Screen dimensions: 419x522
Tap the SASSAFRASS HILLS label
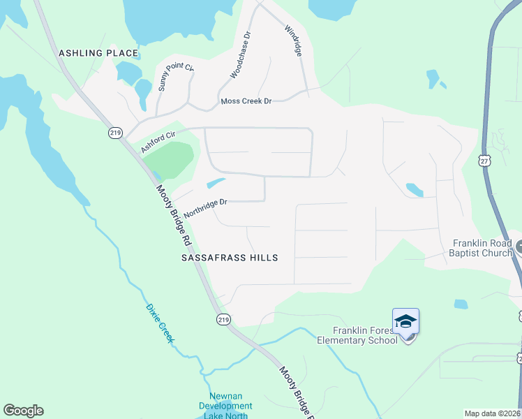230,258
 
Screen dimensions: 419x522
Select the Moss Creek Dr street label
246,101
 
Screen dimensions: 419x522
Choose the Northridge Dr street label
207,207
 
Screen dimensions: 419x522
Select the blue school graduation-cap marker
405,322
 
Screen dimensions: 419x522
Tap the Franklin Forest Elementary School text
357,335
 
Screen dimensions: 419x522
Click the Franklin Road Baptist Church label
482,248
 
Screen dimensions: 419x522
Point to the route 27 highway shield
484,161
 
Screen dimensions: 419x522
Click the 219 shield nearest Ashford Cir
116,132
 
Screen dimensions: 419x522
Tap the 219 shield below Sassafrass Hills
223,318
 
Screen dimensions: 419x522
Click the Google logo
23,411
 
